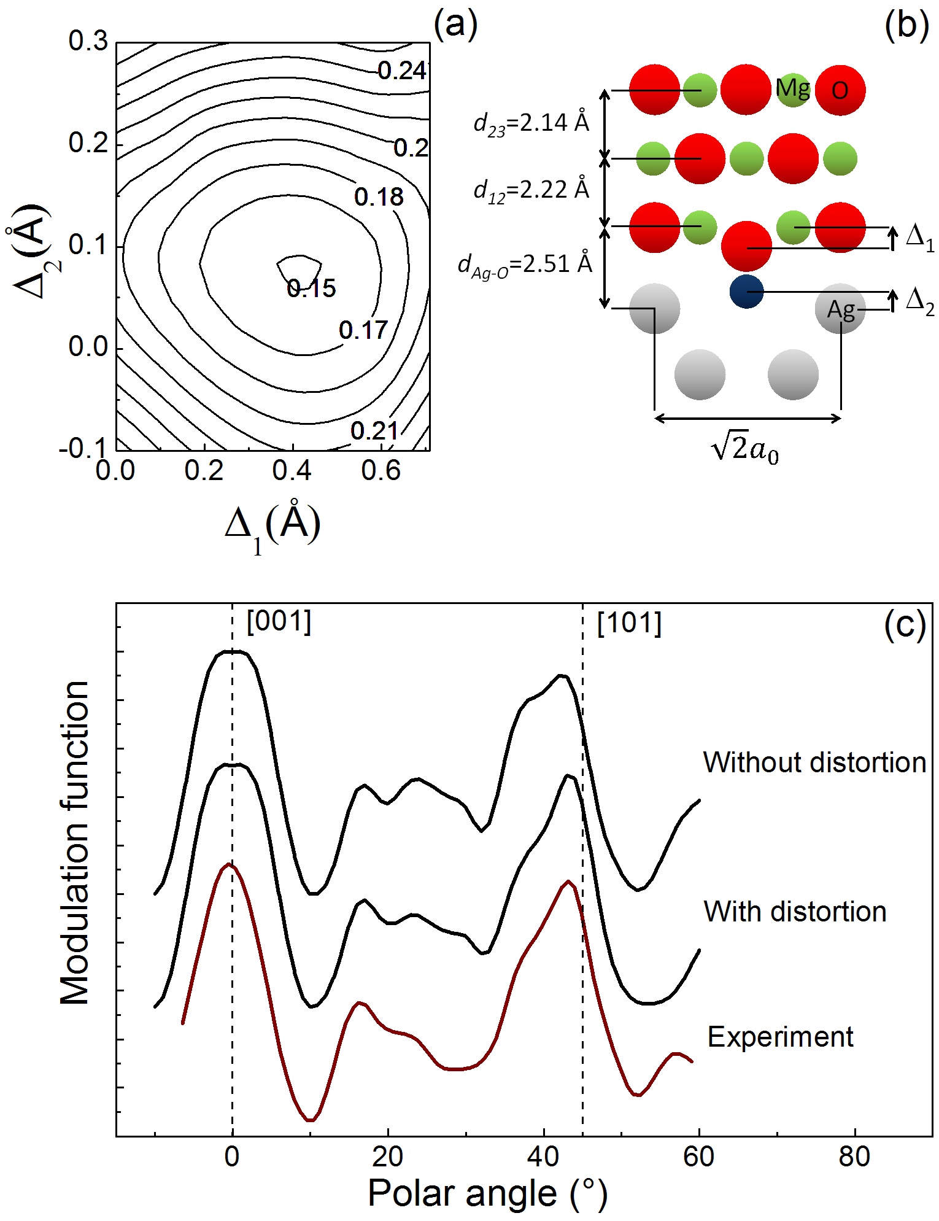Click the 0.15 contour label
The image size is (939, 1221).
point(311,288)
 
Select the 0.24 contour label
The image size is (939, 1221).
point(401,71)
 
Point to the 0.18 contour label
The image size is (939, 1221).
point(379,197)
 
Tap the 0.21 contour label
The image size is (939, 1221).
point(374,431)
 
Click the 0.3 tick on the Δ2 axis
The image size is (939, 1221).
point(88,42)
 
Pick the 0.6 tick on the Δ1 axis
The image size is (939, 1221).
point(381,471)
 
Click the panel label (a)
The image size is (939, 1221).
point(455,26)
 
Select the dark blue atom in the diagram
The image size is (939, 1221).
point(746,292)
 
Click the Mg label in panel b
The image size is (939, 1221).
point(792,89)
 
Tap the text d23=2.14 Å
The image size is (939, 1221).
point(531,123)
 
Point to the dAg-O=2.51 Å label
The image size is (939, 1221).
point(525,265)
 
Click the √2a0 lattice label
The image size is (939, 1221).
point(744,449)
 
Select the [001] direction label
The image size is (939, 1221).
point(279,622)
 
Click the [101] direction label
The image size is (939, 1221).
point(629,624)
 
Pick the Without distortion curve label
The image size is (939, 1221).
point(814,762)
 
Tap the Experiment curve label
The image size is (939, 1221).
point(780,1037)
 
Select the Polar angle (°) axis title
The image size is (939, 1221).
point(487,1193)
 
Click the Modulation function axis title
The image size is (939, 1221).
point(75,843)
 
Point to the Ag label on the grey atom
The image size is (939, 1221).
point(840,309)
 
